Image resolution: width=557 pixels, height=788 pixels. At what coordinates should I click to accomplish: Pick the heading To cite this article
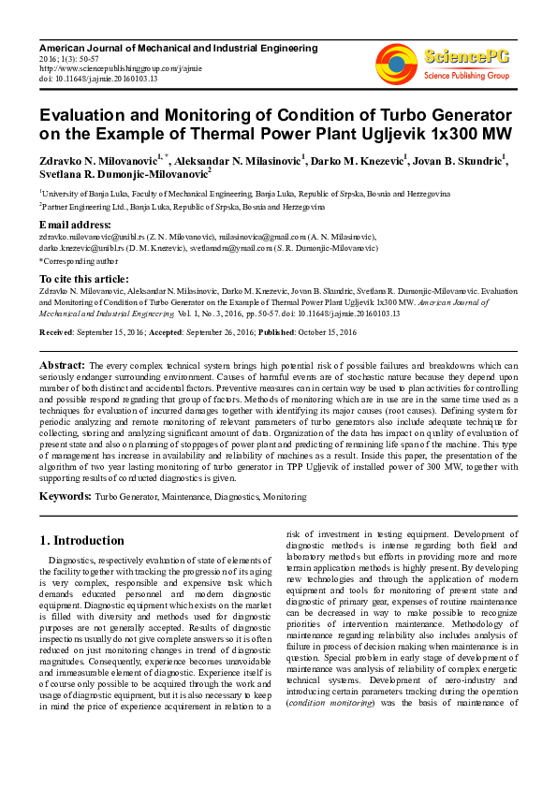coord(86,279)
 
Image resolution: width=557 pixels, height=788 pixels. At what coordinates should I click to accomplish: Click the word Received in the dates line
coord(56,332)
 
